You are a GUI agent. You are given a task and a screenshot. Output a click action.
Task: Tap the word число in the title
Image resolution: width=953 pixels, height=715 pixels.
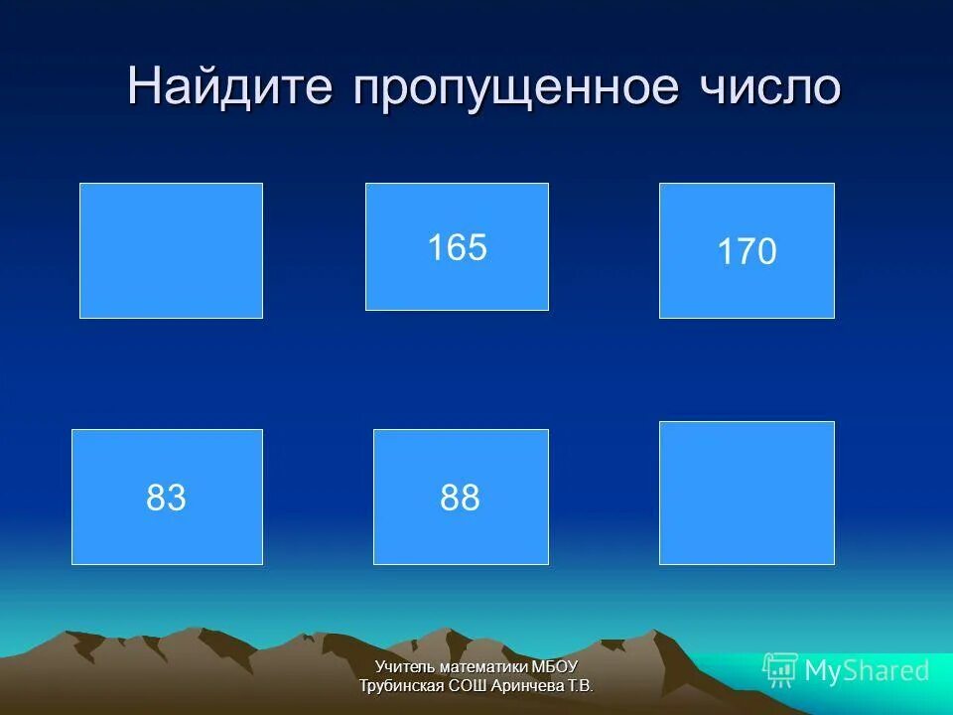768,87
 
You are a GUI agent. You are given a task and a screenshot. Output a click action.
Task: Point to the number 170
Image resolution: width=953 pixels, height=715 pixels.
747,252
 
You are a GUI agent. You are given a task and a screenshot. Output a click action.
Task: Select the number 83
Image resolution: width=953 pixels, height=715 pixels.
166,498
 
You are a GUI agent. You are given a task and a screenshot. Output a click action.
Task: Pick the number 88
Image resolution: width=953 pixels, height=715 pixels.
460,498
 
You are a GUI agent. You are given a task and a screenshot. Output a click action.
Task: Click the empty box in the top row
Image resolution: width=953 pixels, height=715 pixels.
171,250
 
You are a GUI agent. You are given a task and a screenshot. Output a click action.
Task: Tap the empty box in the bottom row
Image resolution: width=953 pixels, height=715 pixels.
747,493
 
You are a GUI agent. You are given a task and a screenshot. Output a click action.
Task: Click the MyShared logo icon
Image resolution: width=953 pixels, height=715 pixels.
780,670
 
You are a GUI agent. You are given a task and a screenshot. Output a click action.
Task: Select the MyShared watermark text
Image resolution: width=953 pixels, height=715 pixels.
867,671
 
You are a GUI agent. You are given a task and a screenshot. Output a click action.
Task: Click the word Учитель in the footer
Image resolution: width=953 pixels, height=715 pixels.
402,667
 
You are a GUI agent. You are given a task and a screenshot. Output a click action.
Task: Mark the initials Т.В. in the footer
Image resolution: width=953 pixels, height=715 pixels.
580,685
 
